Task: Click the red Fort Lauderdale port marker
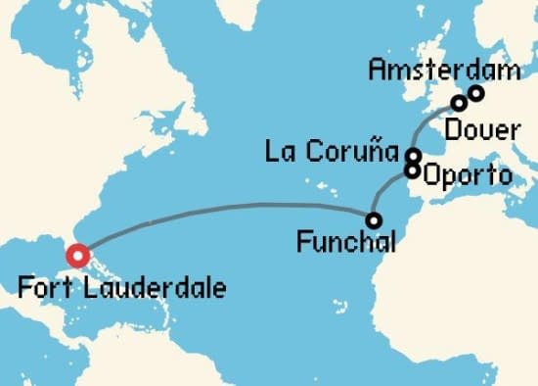point(77,257)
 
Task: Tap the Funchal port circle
point(374,220)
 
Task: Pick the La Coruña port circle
point(414,155)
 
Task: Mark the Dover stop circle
point(458,103)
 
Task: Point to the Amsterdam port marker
point(476,93)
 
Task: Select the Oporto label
point(465,177)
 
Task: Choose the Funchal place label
point(345,241)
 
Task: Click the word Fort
point(42,289)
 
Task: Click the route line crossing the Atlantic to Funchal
point(225,205)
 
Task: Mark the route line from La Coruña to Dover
point(430,122)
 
